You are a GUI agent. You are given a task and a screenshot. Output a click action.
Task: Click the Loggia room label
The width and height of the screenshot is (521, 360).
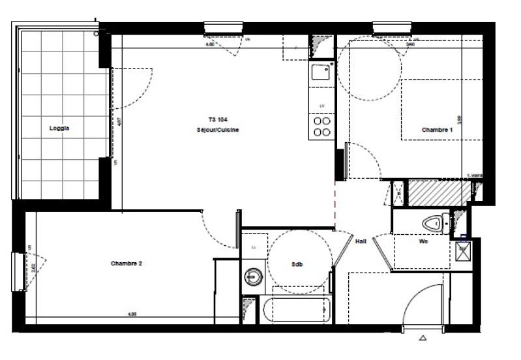[x=59, y=128]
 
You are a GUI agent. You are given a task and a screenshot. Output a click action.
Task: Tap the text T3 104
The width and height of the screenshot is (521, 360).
[x=218, y=120]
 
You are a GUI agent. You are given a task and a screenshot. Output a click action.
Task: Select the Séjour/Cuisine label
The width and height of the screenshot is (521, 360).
[x=218, y=130]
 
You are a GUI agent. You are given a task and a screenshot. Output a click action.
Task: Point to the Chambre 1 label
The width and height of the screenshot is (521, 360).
[x=437, y=130]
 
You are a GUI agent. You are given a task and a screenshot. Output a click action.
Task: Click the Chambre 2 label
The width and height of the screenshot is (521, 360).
[x=127, y=263]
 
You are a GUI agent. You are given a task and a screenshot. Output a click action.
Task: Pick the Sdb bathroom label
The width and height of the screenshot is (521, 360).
[x=298, y=264]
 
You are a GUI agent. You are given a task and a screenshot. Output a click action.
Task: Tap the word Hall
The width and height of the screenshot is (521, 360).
[x=361, y=241]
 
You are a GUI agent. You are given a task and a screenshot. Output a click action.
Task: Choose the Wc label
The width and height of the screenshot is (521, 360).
[x=423, y=241]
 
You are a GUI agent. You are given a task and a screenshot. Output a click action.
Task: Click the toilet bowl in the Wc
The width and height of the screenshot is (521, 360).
[x=433, y=224]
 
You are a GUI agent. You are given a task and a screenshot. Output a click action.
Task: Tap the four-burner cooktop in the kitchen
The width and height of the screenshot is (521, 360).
[x=321, y=126]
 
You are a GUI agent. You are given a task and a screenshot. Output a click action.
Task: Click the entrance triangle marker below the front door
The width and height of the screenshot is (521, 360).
[x=423, y=338]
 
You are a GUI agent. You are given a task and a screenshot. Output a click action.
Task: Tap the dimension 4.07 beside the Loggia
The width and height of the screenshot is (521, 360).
[x=118, y=121]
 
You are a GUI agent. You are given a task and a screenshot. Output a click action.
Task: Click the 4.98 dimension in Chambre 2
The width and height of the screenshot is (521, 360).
[x=132, y=314]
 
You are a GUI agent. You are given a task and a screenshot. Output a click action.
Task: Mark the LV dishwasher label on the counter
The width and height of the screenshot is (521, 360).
[x=321, y=106]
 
